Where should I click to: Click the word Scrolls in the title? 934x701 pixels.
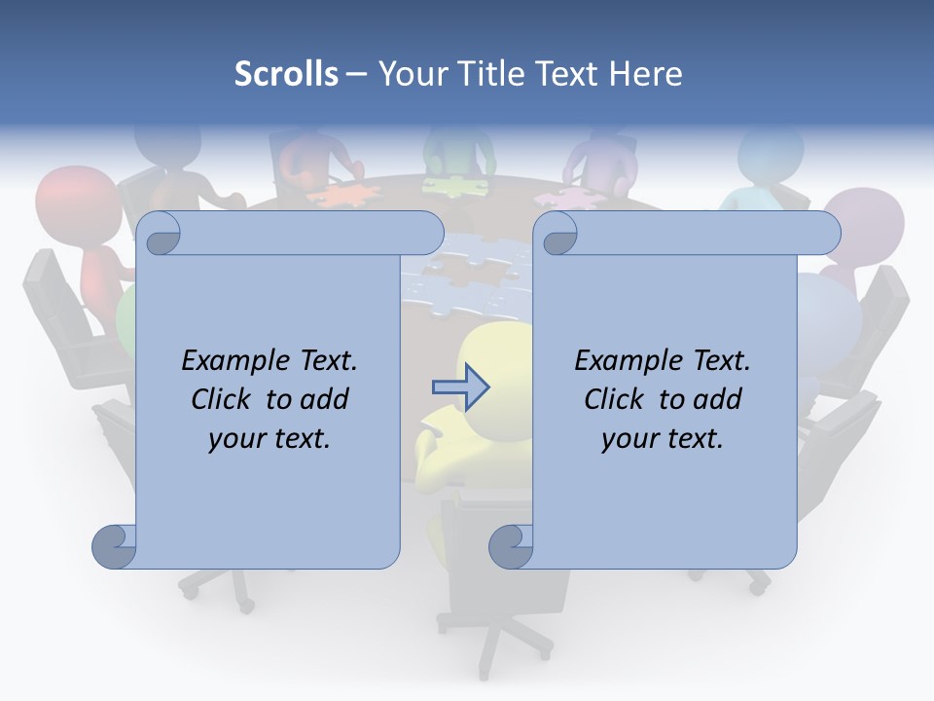click(x=286, y=74)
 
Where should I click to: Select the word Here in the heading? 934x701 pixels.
click(x=645, y=74)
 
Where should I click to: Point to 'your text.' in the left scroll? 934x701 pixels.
click(x=269, y=439)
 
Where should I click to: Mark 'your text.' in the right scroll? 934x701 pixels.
click(x=663, y=439)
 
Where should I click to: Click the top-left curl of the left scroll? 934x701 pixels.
click(x=160, y=233)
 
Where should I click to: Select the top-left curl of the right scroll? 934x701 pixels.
click(x=557, y=233)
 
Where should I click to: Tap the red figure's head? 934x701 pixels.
click(x=68, y=200)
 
